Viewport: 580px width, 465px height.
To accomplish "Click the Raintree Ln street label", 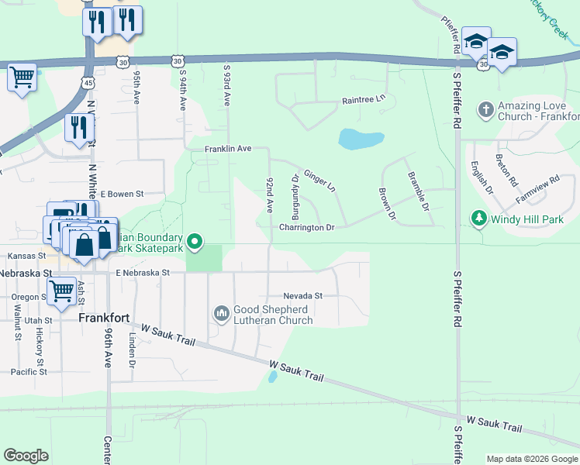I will (364, 100).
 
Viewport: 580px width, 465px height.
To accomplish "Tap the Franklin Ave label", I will (228, 148).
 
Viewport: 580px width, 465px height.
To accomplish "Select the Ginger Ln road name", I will (319, 181).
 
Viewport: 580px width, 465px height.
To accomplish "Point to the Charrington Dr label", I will (307, 228).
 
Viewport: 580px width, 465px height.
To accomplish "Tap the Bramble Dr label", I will (418, 191).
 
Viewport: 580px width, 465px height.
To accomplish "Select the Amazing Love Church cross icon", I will (486, 108).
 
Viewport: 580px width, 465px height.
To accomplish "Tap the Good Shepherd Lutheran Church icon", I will (222, 313).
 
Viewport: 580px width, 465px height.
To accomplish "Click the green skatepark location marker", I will (195, 243).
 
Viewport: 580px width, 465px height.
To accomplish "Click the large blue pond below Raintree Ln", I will (361, 139).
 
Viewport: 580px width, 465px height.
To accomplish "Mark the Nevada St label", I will (302, 296).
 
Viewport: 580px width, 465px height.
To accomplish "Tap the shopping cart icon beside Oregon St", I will (62, 291).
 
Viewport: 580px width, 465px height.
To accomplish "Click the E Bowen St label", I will (123, 194).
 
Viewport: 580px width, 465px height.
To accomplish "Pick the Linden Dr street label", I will (133, 352).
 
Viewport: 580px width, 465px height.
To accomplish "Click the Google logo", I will (26, 455).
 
